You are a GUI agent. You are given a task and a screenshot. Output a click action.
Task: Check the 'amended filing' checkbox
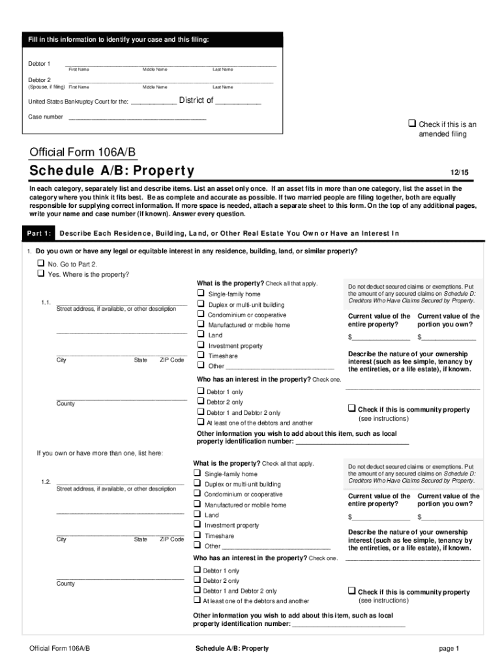(x=411, y=124)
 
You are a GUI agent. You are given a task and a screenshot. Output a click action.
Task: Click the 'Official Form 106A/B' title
(x=83, y=152)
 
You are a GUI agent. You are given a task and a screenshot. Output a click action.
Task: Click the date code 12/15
(x=460, y=173)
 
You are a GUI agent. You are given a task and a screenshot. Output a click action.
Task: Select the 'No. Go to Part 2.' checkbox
(x=41, y=264)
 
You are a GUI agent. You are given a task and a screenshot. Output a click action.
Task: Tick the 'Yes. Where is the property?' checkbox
(x=41, y=274)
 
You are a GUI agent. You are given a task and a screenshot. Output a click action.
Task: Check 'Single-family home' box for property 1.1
(x=201, y=294)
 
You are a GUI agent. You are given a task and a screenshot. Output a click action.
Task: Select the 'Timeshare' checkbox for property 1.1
(x=201, y=356)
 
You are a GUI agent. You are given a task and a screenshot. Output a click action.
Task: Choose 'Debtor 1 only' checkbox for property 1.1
(x=201, y=391)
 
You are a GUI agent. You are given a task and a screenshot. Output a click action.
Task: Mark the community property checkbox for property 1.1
(x=351, y=409)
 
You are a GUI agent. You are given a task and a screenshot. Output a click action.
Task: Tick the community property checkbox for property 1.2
(x=351, y=591)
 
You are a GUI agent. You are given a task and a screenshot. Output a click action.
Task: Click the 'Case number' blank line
(x=137, y=117)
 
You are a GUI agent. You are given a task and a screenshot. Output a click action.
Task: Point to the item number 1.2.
(x=45, y=481)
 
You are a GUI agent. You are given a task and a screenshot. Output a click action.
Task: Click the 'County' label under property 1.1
(x=65, y=404)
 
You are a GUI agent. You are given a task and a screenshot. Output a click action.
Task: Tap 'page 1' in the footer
(x=450, y=649)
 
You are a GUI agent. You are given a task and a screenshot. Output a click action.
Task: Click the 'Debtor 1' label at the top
(x=39, y=64)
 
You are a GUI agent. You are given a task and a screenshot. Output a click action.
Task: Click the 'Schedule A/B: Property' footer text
(x=232, y=649)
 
